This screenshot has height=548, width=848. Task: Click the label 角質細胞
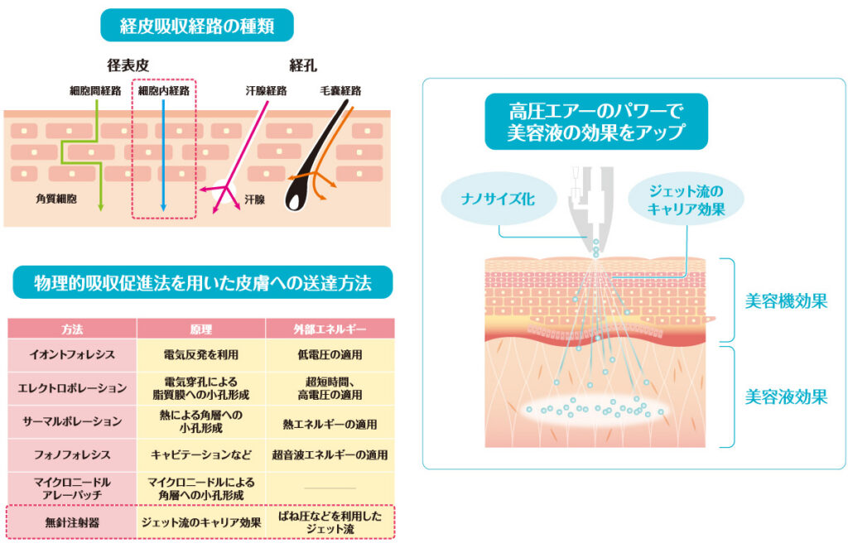(x=57, y=199)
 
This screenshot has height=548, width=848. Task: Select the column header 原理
(x=201, y=329)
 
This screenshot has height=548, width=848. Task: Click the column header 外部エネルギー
(x=329, y=329)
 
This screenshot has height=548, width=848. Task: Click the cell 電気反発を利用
(x=201, y=354)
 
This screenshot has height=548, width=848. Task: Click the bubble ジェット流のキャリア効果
(x=687, y=199)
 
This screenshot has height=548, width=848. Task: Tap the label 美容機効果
(x=785, y=301)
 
